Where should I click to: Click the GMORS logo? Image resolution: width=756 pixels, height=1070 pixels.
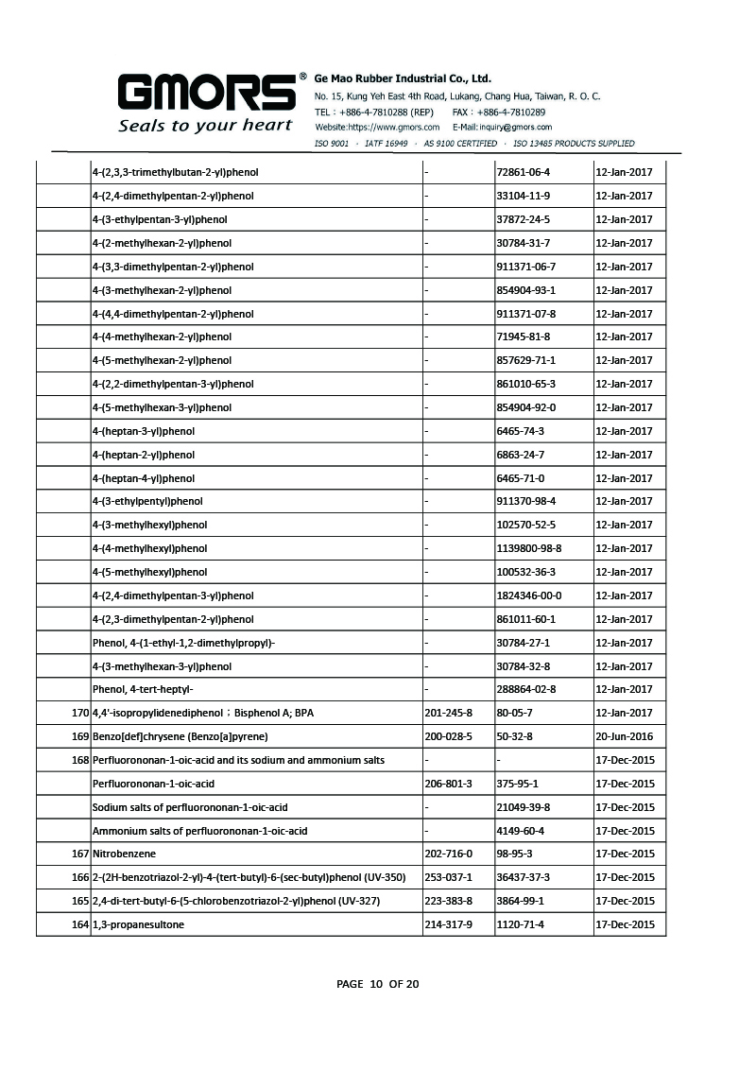click(x=205, y=94)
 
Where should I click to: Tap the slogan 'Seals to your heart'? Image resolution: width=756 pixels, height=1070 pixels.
click(x=205, y=125)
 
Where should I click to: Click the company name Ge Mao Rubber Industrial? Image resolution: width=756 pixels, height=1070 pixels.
click(x=403, y=79)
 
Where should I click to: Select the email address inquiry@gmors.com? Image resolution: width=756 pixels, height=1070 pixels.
click(x=502, y=127)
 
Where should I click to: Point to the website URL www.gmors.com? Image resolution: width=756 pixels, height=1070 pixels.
click(x=377, y=127)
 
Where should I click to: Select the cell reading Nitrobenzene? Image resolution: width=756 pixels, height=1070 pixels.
click(x=118, y=854)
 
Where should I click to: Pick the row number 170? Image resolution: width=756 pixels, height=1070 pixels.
click(x=80, y=714)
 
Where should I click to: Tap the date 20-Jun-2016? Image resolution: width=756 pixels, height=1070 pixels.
click(x=625, y=736)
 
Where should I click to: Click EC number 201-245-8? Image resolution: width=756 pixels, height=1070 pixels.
click(x=450, y=714)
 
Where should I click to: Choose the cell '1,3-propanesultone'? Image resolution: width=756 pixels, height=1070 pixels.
click(x=138, y=924)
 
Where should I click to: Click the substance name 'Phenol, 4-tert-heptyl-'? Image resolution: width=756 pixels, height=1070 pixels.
click(x=149, y=690)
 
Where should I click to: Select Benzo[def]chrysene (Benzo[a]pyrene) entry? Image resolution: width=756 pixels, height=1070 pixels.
click(x=180, y=736)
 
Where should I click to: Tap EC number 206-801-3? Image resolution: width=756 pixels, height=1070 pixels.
click(x=450, y=784)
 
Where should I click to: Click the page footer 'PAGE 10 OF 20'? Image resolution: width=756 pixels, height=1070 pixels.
click(x=378, y=984)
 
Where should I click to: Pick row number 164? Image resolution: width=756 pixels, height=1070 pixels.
click(x=80, y=924)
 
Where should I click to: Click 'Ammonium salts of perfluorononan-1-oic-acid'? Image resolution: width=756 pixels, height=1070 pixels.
click(x=199, y=831)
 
